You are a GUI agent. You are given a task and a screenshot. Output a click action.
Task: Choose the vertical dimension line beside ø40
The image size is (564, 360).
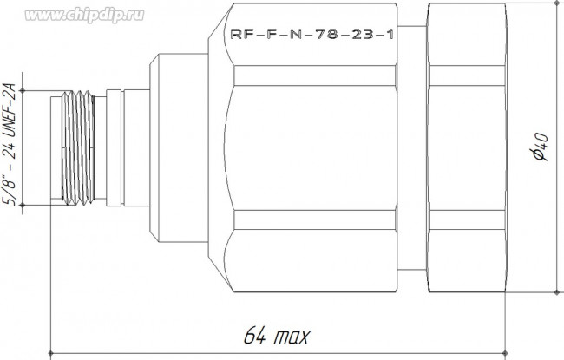554,217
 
